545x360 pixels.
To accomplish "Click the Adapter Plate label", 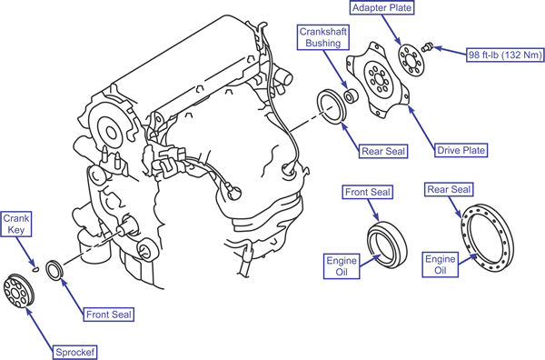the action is (x=382, y=7).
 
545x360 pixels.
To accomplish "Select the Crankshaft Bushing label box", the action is (x=323, y=37).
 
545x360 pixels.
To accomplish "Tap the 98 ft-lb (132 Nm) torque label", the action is (x=505, y=55).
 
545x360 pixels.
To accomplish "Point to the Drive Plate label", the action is (x=461, y=150).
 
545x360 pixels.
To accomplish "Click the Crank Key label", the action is (x=16, y=224).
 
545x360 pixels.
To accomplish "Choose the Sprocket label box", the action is (x=74, y=353).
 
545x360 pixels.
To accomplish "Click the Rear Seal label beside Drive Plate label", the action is (x=383, y=151).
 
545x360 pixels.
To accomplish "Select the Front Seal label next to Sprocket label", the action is (x=108, y=315).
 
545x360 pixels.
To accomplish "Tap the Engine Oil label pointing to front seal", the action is (x=342, y=266).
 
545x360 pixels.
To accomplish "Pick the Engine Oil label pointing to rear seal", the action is (x=441, y=265).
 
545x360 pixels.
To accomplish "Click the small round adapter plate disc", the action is (x=411, y=61).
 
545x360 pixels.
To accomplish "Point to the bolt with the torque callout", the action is (x=427, y=46).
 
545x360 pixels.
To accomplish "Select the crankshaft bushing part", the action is (x=350, y=95).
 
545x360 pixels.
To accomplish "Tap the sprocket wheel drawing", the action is (x=19, y=291).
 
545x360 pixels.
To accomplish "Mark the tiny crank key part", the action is (x=35, y=268).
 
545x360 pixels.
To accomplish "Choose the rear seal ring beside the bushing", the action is (x=332, y=106).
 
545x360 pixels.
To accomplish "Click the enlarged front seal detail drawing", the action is (x=387, y=245).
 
